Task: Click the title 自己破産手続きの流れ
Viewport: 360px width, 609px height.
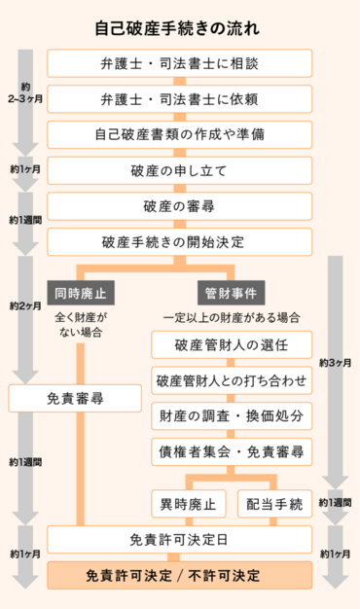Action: [179, 28]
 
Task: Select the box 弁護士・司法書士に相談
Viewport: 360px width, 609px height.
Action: [180, 64]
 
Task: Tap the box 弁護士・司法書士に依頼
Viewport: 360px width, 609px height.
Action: [180, 99]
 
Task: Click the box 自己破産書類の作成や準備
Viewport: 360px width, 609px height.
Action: [180, 134]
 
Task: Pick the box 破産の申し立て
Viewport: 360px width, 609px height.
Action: [180, 170]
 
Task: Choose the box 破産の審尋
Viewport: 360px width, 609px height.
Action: [180, 205]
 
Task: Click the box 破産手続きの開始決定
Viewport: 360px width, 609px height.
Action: [180, 241]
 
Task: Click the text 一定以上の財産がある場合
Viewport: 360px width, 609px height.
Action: [231, 317]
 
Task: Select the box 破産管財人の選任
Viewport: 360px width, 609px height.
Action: [231, 345]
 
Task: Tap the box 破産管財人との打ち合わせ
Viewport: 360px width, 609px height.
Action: [231, 380]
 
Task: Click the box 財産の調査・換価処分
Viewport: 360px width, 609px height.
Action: [231, 415]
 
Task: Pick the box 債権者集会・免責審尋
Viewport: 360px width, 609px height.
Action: [231, 451]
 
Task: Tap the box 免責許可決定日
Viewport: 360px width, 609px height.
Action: [180, 540]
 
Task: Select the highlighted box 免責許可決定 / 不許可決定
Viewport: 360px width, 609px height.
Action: [180, 575]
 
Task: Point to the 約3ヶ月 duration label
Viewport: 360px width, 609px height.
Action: [335, 363]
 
